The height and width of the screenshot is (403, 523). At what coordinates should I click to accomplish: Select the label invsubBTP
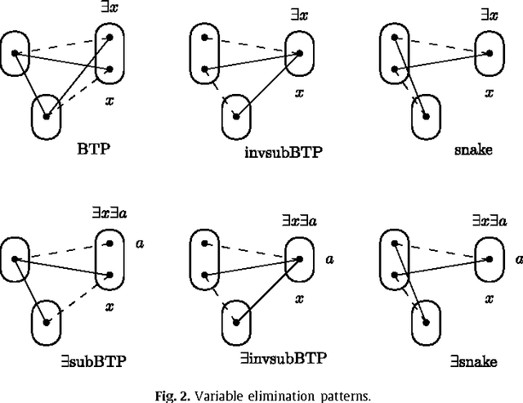[276, 151]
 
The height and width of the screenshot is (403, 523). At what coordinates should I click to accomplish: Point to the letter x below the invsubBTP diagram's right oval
[300, 92]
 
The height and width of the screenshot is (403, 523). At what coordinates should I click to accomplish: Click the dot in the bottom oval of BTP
[47, 116]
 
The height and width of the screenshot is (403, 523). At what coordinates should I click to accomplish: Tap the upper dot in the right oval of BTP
[110, 38]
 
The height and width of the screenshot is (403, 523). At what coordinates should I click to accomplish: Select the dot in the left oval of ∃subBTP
[15, 258]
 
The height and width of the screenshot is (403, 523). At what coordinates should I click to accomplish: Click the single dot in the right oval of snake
[489, 54]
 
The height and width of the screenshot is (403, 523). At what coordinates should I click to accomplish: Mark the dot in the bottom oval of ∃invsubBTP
[235, 322]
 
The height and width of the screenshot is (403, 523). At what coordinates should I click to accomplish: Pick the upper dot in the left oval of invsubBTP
[202, 38]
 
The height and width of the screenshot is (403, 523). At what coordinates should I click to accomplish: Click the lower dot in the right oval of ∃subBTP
[110, 275]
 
